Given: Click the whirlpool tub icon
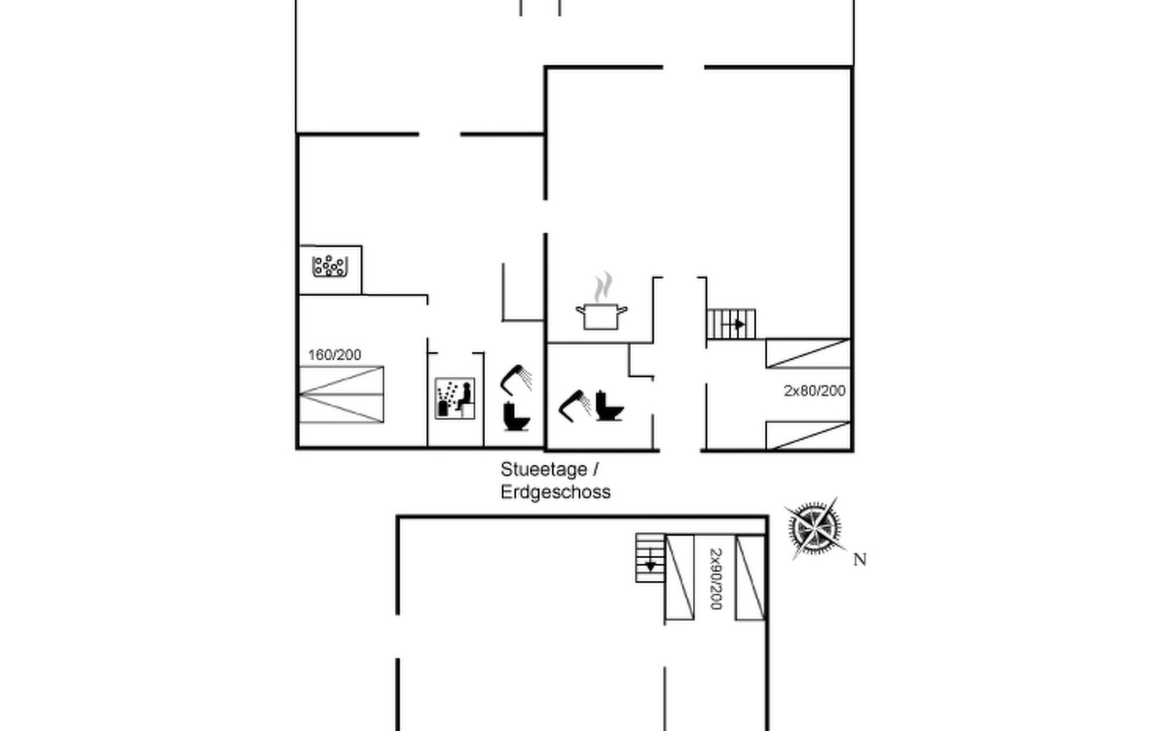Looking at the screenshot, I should click(330, 266).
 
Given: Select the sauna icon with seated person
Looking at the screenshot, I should click(455, 398).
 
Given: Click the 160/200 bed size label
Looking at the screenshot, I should click(335, 355).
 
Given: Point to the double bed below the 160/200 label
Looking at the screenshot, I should click(341, 395).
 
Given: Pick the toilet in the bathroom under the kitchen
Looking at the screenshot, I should click(609, 406).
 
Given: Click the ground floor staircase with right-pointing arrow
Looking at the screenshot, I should click(731, 324).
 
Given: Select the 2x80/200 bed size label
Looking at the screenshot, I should click(814, 390).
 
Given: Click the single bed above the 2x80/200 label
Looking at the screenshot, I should click(807, 353).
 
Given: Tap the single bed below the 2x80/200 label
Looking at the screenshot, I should click(807, 435).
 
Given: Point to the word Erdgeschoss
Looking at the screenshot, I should click(555, 492).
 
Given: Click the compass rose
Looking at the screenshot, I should click(814, 528).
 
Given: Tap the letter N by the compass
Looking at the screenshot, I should click(859, 559).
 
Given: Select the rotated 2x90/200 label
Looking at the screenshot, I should click(715, 579).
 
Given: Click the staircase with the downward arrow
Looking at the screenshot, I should click(650, 558).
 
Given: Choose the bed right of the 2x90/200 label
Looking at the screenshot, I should click(750, 577).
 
